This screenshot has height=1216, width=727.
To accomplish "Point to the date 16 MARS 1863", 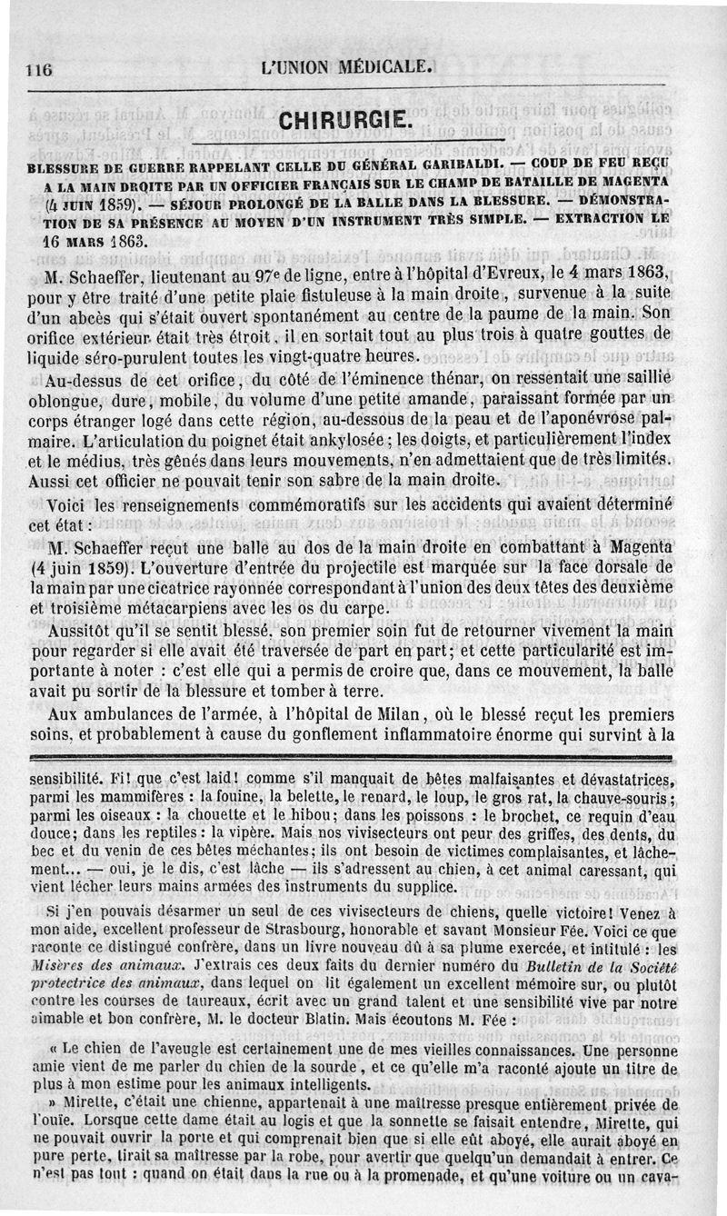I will click(x=93, y=244).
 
